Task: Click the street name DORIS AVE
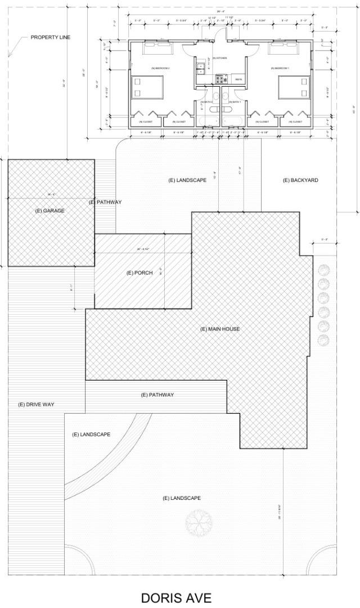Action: [176, 597]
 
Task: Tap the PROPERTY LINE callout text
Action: [51, 37]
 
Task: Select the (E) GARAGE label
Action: [50, 211]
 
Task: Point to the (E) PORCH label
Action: [139, 272]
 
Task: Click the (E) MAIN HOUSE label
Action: [220, 329]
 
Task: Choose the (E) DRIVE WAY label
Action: [36, 404]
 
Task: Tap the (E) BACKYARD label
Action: [300, 180]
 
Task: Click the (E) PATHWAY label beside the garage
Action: [105, 202]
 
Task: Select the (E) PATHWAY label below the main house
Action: [157, 395]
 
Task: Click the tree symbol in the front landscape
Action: [197, 521]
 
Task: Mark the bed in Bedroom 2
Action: [148, 87]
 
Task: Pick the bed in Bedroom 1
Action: [294, 87]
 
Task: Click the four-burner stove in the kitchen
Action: [219, 79]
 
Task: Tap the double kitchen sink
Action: [200, 70]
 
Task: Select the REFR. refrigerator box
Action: [238, 79]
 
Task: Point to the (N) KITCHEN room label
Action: [219, 59]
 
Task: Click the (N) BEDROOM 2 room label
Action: [160, 68]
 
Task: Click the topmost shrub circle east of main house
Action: [323, 270]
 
